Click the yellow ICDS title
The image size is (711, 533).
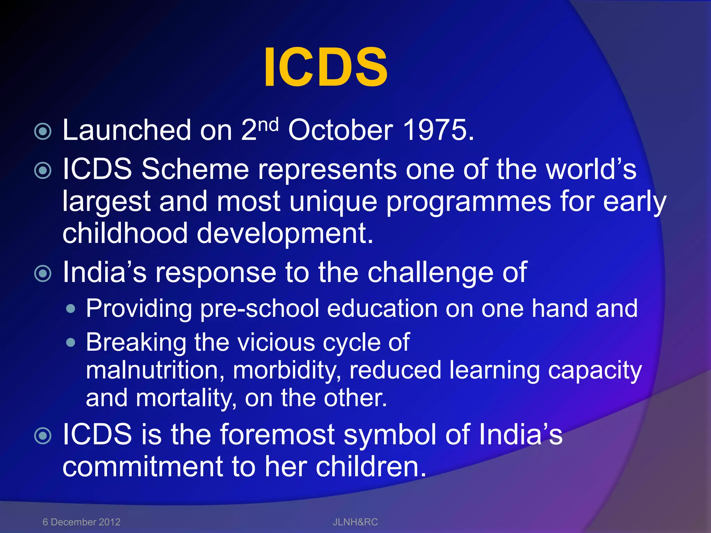[x=325, y=67]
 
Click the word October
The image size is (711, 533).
[x=340, y=130]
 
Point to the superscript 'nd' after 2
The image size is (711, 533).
[x=269, y=124]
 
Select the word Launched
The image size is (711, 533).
[x=127, y=130]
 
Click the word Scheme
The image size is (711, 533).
[x=195, y=169]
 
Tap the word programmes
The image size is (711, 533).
[x=468, y=202]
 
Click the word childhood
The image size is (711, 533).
[x=125, y=233]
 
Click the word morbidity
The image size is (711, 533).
[x=287, y=370]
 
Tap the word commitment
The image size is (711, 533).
[x=142, y=467]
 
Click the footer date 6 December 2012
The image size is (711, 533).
[x=81, y=522]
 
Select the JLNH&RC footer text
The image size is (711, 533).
[x=355, y=522]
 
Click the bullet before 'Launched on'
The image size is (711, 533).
[x=43, y=132]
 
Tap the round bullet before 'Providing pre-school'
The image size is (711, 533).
[x=71, y=308]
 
